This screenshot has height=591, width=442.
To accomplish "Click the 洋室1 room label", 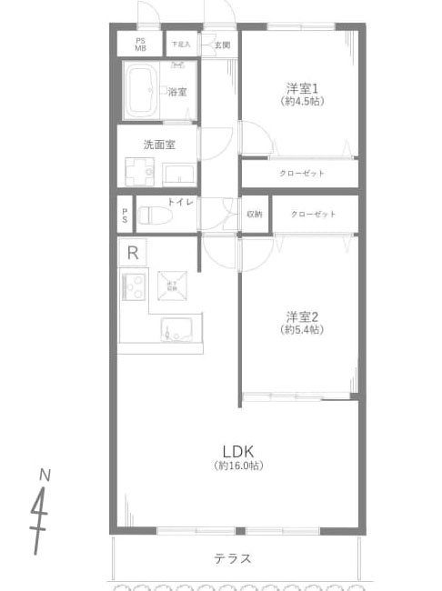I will point(301,88).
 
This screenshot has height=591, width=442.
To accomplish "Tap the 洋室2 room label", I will point(301,316).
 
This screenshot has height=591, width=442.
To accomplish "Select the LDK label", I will point(237,451).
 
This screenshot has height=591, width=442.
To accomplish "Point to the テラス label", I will point(233,558).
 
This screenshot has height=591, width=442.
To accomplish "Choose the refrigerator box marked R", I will point(133,252).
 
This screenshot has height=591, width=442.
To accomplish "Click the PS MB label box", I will point(141,44).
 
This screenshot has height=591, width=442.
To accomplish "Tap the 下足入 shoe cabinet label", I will point(180,44).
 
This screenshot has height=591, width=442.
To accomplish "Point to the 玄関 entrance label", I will point(222,44).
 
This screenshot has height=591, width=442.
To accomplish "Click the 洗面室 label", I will point(158,144).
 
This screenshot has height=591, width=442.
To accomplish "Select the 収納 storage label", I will point(254,215).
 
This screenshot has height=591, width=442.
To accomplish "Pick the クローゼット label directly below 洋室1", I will point(301,173).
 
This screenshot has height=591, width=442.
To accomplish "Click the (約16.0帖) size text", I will point(238,466).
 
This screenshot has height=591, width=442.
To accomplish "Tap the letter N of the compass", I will point(45,476).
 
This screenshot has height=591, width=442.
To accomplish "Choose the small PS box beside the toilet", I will point(125,215).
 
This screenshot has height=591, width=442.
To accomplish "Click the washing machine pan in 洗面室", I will point(140,171).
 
